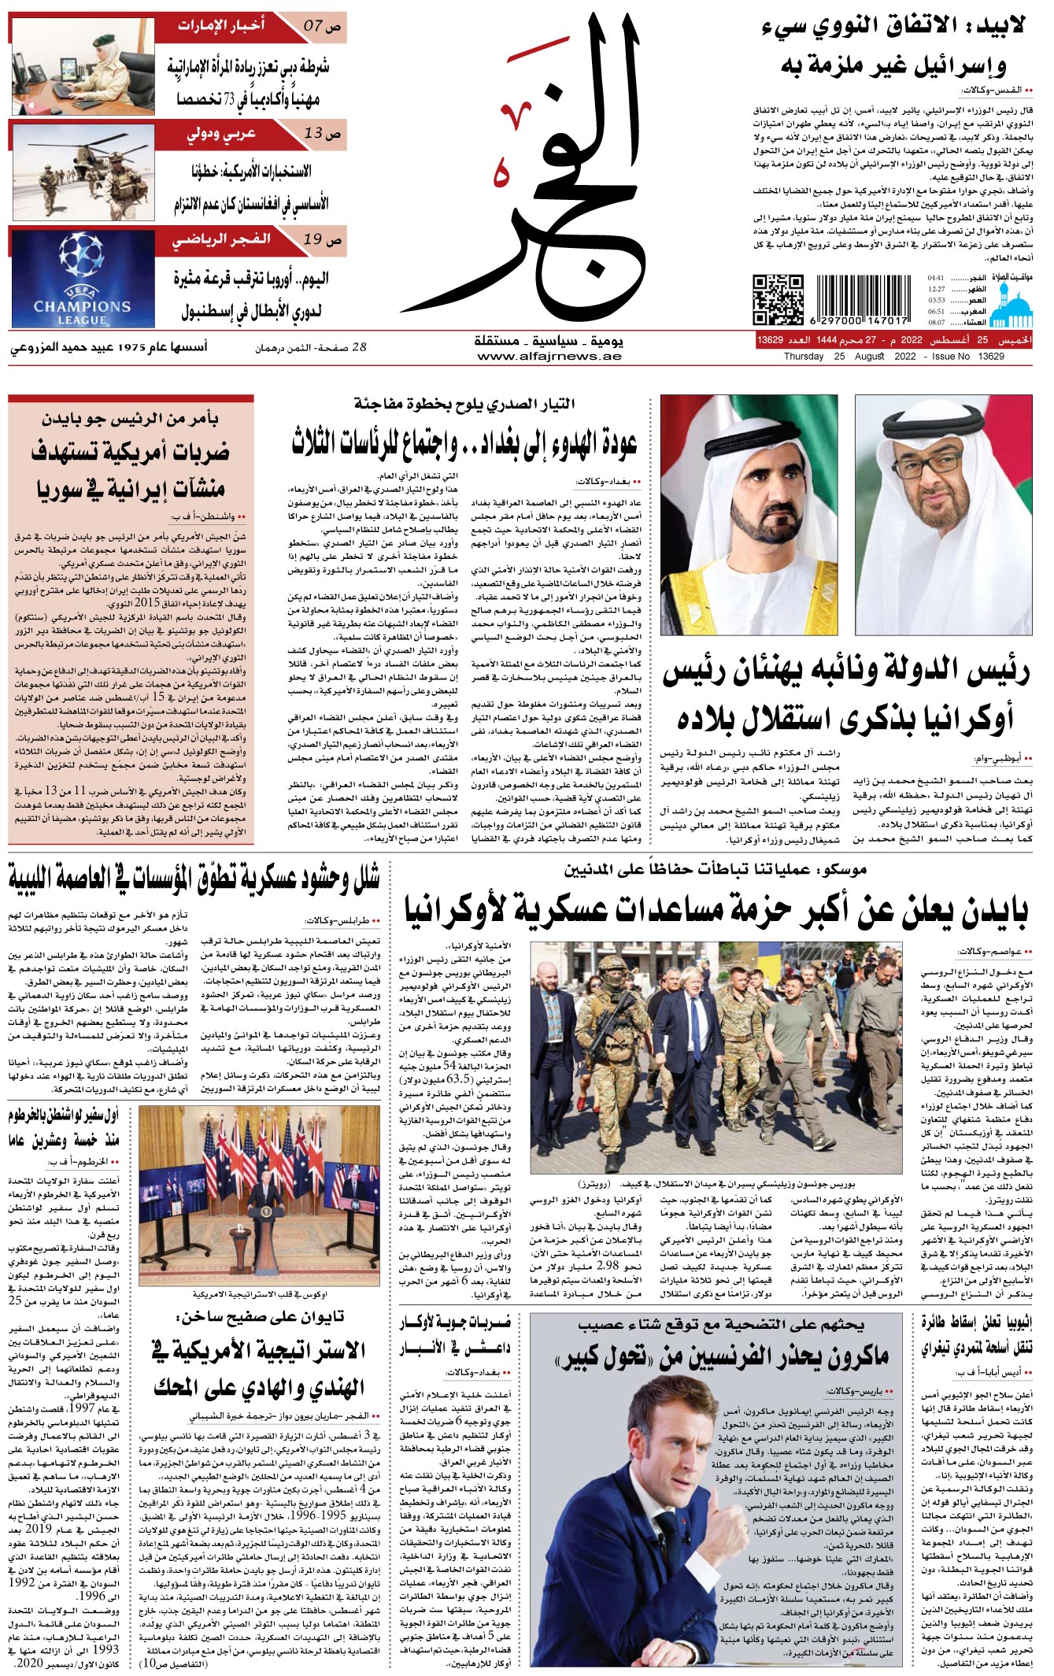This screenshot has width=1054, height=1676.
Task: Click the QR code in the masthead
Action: pyautogui.click(x=778, y=299)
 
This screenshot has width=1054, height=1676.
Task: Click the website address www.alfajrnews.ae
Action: pyautogui.click(x=549, y=356)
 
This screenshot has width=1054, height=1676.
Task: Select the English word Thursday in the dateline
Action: pyautogui.click(x=803, y=357)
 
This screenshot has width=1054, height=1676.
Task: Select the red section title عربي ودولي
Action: pyautogui.click(x=222, y=133)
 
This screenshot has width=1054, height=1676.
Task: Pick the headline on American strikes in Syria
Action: pyautogui.click(x=131, y=469)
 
